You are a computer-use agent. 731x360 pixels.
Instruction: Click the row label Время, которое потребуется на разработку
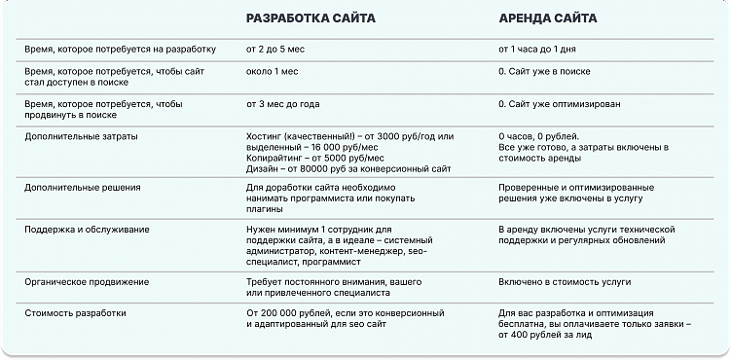(114, 47)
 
